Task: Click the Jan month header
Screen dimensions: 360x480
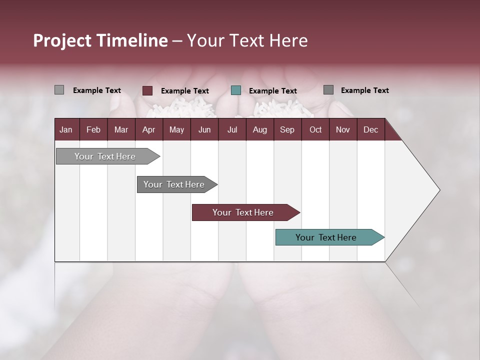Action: (x=66, y=130)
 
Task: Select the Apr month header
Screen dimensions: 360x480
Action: (x=148, y=130)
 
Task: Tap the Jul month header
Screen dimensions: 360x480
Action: (x=232, y=130)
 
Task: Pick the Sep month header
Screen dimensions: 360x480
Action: (x=287, y=130)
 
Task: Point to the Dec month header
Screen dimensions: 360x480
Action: (x=370, y=130)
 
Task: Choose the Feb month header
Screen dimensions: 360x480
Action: (x=93, y=130)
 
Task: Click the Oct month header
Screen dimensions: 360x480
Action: (x=315, y=130)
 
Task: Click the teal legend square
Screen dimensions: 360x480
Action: (x=236, y=90)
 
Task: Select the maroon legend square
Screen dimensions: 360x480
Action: (x=147, y=90)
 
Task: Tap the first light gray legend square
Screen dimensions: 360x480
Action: (x=59, y=90)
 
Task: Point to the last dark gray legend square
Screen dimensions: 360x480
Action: (x=328, y=90)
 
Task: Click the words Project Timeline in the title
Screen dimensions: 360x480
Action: (x=100, y=40)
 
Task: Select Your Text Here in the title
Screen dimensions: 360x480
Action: (x=247, y=40)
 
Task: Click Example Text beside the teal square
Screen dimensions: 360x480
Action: (x=273, y=91)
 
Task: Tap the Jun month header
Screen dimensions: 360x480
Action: (x=204, y=130)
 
